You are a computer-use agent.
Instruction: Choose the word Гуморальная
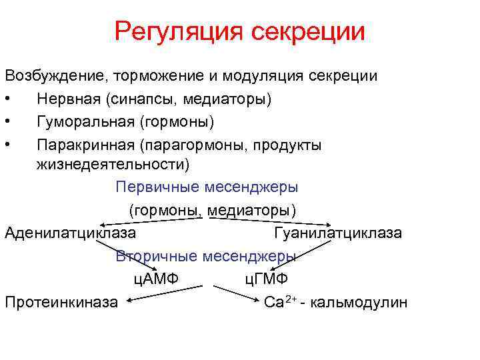(86, 122)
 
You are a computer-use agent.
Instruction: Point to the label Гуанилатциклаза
(337, 233)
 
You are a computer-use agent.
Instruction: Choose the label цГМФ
(265, 279)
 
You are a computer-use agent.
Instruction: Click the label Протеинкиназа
(61, 302)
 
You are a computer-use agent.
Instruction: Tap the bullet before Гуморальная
(7, 123)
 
